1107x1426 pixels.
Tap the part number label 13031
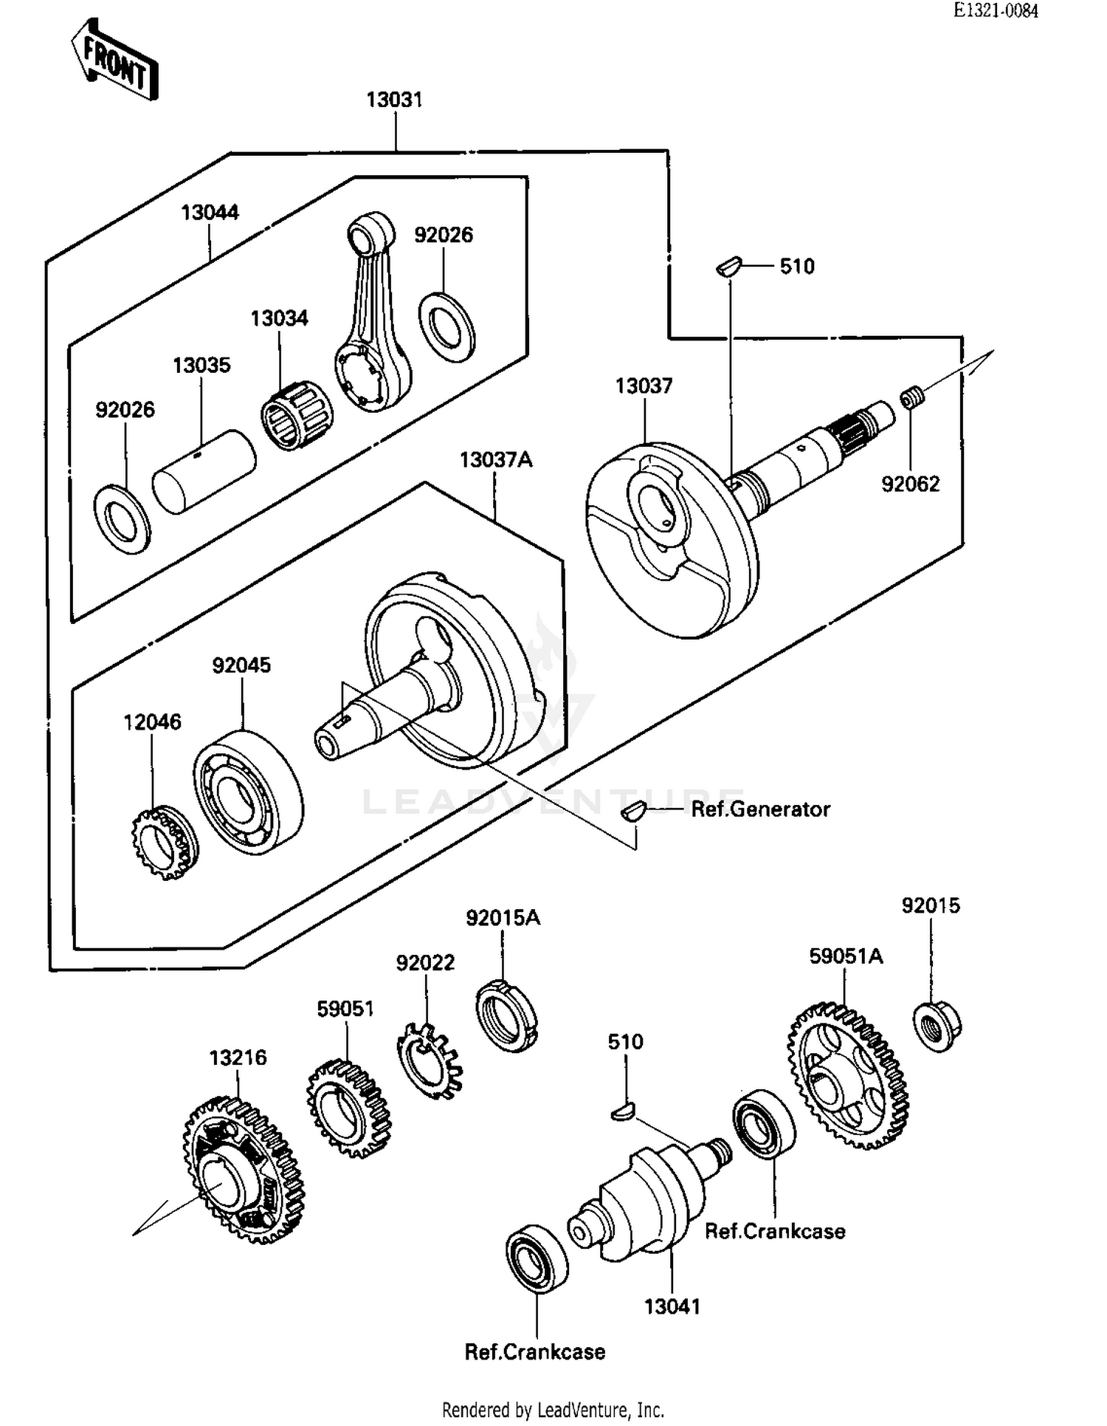point(394,100)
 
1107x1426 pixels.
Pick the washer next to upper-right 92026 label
point(446,326)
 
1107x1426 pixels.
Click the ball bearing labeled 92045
point(248,792)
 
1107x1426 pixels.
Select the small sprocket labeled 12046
point(164,843)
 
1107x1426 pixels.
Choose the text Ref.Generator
point(760,809)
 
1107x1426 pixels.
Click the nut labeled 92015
point(937,1026)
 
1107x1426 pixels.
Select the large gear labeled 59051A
point(848,1075)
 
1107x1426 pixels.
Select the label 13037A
point(495,460)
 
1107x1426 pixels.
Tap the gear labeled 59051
point(348,1107)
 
